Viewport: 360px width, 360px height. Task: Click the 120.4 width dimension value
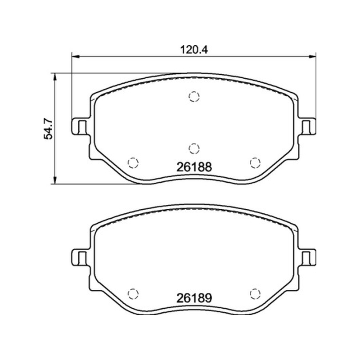pos(194,49)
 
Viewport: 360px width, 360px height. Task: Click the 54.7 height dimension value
pos(49,130)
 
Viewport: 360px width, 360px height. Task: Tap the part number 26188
pos(194,167)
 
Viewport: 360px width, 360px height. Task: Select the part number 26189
pos(194,298)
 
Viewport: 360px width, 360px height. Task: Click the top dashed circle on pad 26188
pos(194,96)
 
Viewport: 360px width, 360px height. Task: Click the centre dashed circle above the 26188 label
pos(194,148)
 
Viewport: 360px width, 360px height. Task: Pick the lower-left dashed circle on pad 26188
pos(133,163)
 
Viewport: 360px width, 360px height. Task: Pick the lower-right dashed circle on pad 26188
pos(255,163)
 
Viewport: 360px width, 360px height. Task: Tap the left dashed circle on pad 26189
pos(133,293)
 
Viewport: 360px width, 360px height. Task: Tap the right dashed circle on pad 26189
pos(255,293)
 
